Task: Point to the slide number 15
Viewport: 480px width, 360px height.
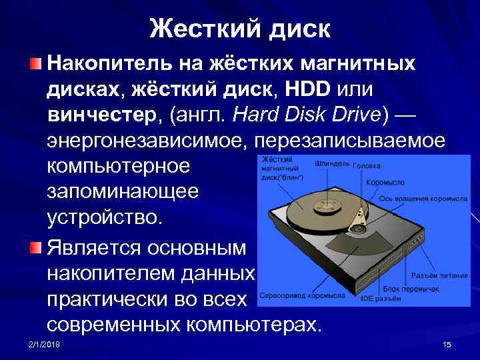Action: (447, 344)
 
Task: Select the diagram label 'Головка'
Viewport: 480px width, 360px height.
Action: (366, 166)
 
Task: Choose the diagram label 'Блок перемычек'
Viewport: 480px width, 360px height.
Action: (411, 289)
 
